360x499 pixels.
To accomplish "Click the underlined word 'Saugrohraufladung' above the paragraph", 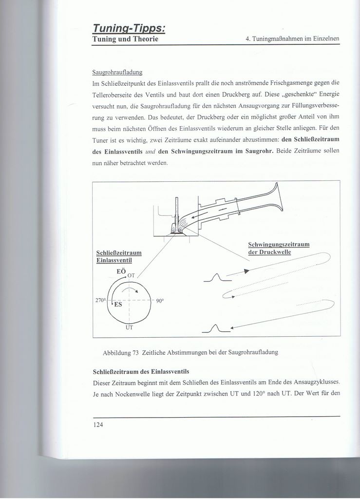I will (117, 73).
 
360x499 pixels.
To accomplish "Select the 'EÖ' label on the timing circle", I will (121, 271).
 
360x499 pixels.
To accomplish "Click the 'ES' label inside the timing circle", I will (117, 305).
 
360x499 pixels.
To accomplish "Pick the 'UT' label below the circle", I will (129, 327).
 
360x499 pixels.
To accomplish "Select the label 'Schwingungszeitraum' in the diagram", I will (279, 244).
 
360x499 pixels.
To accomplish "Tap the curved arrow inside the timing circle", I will (129, 290).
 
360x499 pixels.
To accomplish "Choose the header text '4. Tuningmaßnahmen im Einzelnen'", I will (292, 38).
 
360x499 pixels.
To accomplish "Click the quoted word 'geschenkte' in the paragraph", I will (297, 95).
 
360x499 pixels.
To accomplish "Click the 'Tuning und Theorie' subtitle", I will (125, 38).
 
